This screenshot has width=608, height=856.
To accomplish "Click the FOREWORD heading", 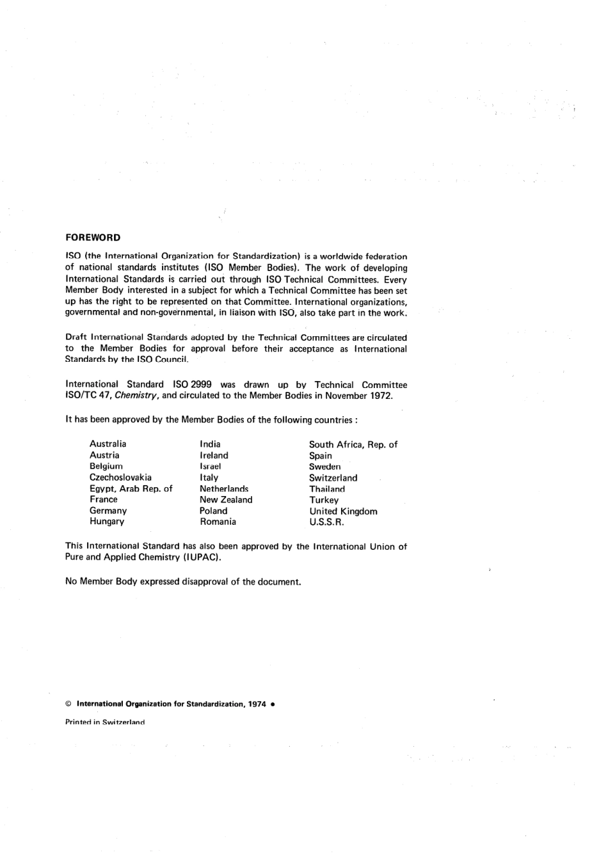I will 93,238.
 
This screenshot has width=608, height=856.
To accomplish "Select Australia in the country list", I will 108,444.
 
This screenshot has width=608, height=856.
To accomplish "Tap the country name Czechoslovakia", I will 120,478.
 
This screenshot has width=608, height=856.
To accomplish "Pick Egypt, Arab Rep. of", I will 131,488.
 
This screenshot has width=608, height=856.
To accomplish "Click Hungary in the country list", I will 107,522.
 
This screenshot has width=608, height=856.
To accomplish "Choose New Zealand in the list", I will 226,500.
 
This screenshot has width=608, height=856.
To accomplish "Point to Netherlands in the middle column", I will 224,488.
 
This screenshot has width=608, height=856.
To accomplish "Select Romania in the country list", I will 218,522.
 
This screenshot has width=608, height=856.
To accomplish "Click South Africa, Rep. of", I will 353,444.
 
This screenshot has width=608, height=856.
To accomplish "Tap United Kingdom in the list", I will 343,511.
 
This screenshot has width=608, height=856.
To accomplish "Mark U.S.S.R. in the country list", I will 326,522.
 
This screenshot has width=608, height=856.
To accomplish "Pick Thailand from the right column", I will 327,489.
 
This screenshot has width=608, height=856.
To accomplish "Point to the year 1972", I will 381,396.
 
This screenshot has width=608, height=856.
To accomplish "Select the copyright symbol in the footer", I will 68,704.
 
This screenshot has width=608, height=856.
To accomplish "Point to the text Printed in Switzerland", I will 105,722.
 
